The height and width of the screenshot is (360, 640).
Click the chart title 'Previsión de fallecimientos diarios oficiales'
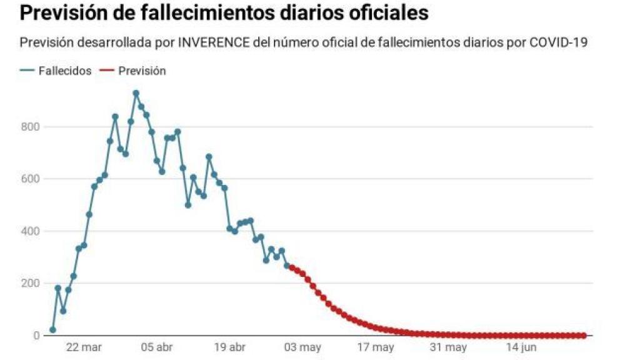[224, 13]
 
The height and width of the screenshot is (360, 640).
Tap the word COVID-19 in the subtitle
[558, 42]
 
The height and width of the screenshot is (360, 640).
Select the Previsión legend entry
[142, 71]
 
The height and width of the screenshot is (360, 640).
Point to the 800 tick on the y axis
[32, 127]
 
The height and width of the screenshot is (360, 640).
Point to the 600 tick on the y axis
[32, 179]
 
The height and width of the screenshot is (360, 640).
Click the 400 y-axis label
[32, 231]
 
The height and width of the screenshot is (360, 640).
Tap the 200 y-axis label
[32, 283]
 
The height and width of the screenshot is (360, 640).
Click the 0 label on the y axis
[37, 336]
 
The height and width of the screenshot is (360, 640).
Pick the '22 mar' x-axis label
[84, 347]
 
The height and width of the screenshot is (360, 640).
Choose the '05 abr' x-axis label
[156, 347]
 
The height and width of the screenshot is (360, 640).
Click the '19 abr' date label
[229, 347]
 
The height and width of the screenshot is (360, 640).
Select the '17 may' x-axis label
[375, 347]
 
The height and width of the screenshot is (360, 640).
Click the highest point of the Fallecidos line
[136, 93]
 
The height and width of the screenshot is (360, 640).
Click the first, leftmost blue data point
[52, 329]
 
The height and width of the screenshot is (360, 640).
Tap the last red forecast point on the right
[583, 336]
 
